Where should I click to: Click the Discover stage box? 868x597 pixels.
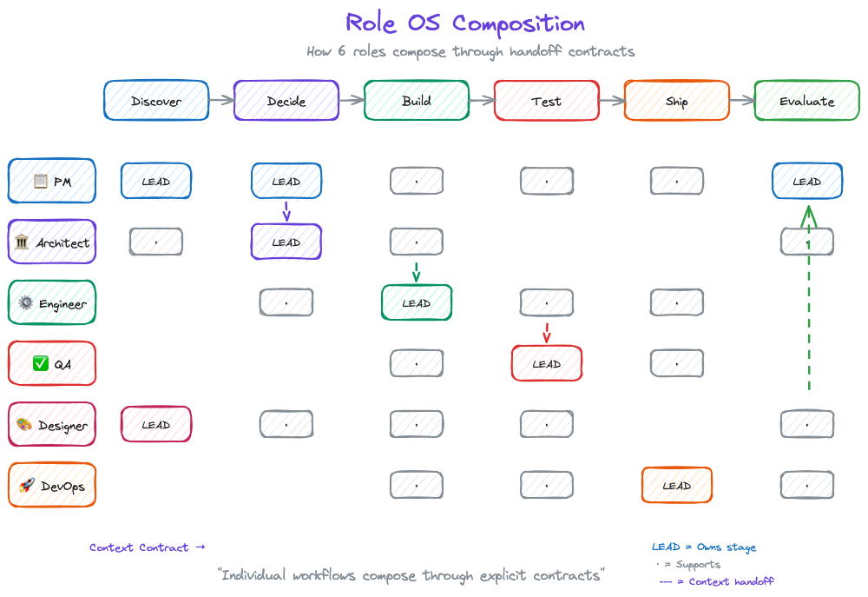pos(156,101)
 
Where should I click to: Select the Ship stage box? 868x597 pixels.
pos(677,101)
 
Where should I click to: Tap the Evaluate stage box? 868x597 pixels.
pos(806,101)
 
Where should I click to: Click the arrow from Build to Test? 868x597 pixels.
pos(482,101)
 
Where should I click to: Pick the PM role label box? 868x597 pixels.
pos(52,182)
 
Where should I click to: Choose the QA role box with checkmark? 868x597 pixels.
pos(52,364)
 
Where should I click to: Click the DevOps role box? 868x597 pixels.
pos(52,486)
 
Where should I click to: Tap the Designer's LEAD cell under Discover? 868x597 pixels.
pos(156,425)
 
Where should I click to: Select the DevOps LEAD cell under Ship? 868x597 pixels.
pos(677,486)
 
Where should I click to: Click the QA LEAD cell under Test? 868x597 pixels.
pos(547,364)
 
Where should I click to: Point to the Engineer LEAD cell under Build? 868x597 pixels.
pos(417,303)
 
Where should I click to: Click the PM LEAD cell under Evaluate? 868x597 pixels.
pos(806,182)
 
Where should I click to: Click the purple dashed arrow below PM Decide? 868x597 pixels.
pos(286,211)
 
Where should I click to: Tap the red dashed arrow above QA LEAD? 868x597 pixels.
pos(547,332)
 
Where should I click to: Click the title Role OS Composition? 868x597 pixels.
pos(465,23)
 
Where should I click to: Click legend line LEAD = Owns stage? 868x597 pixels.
pos(704,547)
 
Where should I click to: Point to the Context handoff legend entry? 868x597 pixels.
pos(716,581)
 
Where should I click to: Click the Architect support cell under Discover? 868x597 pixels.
pos(156,242)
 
